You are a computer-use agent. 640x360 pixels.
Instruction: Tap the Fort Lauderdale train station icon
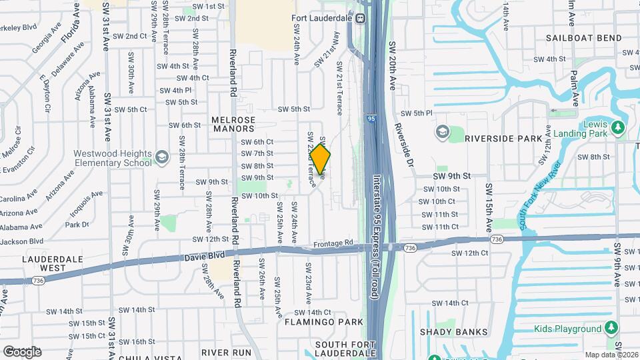361,19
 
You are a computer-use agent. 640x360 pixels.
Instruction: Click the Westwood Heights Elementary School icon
161,157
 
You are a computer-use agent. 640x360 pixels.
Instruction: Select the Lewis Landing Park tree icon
619,127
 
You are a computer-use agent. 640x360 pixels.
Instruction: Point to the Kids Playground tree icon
611,329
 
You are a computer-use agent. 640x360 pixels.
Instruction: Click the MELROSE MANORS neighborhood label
233,125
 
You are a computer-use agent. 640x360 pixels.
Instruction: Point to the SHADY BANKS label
451,331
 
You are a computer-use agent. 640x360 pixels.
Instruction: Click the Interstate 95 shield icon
371,119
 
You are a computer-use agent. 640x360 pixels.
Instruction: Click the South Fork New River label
541,194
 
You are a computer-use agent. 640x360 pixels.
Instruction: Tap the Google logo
22,351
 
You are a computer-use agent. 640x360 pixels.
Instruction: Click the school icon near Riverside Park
441,132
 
